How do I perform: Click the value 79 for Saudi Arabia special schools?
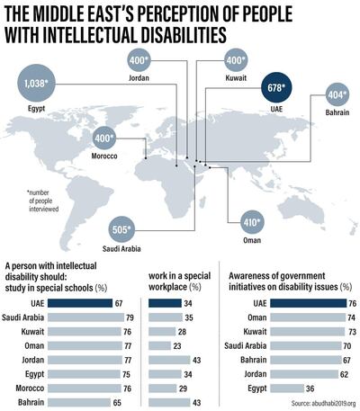pyautogui.click(x=130, y=317)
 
